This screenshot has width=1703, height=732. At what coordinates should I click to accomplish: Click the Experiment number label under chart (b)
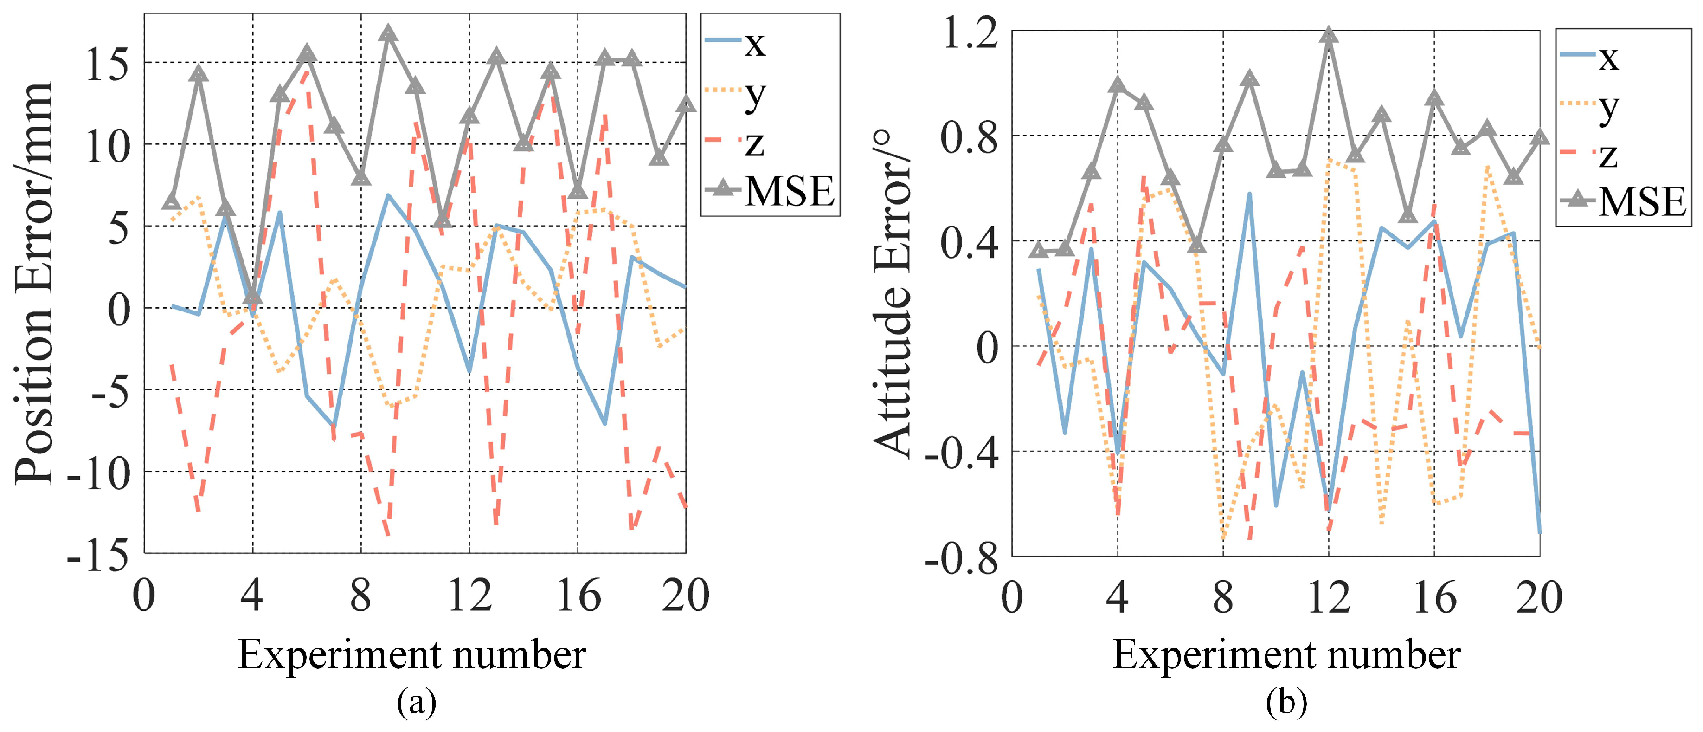[1286, 654]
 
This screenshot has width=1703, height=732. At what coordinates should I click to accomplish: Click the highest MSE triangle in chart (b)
[1329, 35]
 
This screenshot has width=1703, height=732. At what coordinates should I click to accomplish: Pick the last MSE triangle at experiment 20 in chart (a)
[686, 104]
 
